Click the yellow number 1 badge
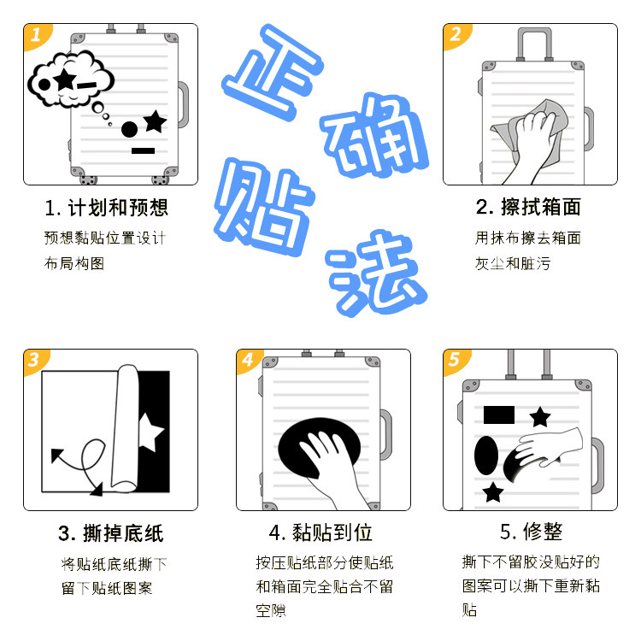point(36,36)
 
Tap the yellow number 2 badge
point(456,35)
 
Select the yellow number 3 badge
point(35,361)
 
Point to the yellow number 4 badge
point(248,360)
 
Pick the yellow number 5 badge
point(455,361)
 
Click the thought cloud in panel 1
point(70,79)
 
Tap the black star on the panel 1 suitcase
point(156,121)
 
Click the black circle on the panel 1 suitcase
point(129,130)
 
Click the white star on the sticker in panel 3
point(150,432)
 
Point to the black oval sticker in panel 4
point(320,448)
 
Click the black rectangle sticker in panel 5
point(499,415)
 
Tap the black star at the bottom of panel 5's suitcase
point(492,492)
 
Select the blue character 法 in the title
point(376,273)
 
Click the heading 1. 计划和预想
point(107,208)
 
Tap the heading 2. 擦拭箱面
point(528,207)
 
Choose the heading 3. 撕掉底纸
point(111,533)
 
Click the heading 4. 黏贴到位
point(320,532)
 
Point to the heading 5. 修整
point(531,532)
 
